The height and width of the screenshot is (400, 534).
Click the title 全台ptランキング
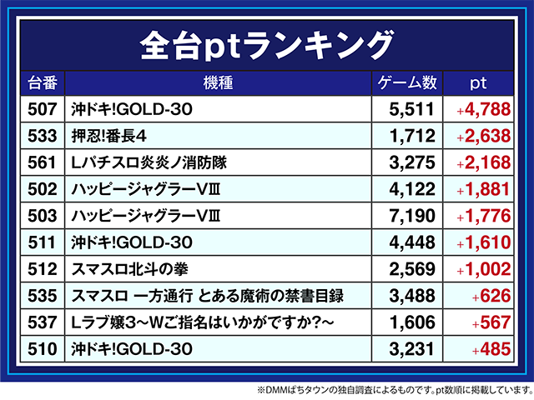click(266, 42)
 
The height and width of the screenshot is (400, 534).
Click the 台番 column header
click(42, 83)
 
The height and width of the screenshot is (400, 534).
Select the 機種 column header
click(217, 83)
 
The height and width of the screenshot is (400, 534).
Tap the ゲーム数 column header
click(408, 83)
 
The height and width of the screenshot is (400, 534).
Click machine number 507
click(42, 108)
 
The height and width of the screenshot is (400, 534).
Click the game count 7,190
click(414, 216)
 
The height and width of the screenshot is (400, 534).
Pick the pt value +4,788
click(481, 108)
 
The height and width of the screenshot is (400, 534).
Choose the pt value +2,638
click(481, 135)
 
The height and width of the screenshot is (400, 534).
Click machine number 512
click(42, 269)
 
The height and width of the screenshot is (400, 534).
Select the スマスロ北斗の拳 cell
click(128, 269)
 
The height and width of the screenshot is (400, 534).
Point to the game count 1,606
click(414, 322)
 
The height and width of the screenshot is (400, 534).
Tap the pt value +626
click(490, 296)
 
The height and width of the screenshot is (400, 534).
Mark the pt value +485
click(490, 349)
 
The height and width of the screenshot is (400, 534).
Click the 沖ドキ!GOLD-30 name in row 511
click(133, 242)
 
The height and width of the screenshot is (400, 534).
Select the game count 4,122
click(414, 188)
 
